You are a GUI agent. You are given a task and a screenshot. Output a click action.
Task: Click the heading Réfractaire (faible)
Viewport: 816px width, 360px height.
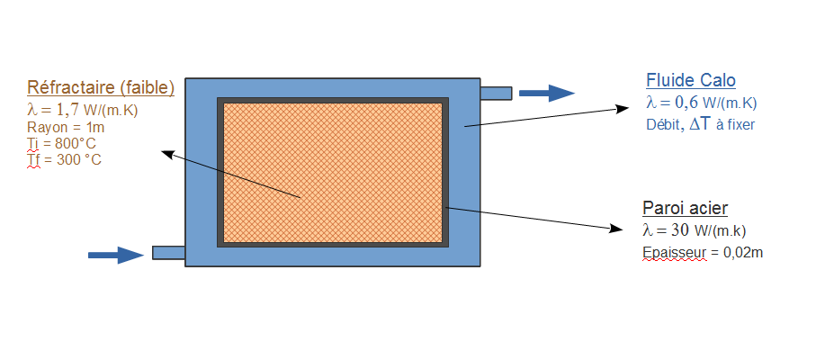coord(101,88)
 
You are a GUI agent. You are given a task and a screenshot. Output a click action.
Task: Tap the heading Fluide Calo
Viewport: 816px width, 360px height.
coord(690,80)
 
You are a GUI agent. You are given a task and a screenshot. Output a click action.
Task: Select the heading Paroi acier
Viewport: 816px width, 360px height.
coord(685,208)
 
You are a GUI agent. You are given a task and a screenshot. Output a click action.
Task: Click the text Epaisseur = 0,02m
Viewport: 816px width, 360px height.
coord(703,253)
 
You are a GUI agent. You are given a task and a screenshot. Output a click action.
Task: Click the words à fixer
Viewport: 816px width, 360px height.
coord(734,124)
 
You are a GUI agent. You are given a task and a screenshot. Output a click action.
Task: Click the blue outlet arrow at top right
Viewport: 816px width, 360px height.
coord(547,93)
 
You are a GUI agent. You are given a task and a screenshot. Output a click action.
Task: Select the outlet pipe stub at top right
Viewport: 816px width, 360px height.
coord(496,93)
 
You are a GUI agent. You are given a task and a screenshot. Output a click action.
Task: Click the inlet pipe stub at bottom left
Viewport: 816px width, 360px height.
coord(168,253)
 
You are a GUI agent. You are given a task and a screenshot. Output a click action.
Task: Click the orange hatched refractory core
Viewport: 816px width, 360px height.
coord(333,171)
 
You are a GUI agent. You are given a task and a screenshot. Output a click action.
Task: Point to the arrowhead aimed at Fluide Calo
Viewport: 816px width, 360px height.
coord(622,108)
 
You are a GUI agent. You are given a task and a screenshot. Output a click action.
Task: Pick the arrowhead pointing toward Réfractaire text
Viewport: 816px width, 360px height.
coord(166,153)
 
